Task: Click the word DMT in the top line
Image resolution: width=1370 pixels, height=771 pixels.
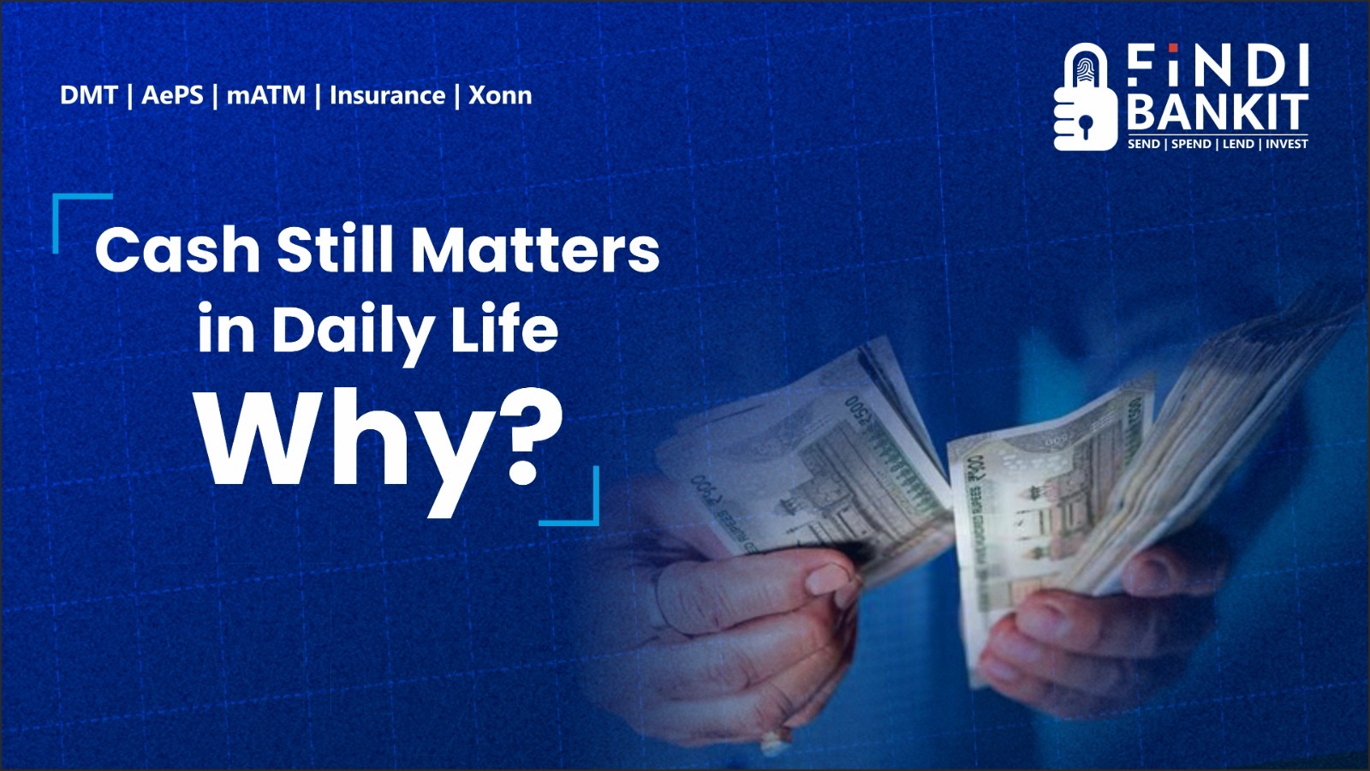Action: (x=88, y=95)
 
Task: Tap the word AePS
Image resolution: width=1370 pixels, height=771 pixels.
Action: (x=172, y=95)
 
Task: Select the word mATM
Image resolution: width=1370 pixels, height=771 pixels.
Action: (x=265, y=95)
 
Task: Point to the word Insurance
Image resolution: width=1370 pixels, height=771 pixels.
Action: (x=387, y=95)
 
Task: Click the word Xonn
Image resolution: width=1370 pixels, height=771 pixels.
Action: (x=500, y=95)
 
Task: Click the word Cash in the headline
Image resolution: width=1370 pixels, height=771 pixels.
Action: (x=177, y=250)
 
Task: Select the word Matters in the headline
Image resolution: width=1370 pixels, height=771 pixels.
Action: (x=535, y=250)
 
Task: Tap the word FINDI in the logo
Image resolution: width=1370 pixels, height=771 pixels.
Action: (x=1217, y=66)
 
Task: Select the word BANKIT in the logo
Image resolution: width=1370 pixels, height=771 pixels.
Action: (x=1217, y=112)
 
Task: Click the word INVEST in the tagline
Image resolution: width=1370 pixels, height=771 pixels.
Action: (x=1287, y=144)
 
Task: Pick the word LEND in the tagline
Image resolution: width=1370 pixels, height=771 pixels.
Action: (x=1238, y=144)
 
